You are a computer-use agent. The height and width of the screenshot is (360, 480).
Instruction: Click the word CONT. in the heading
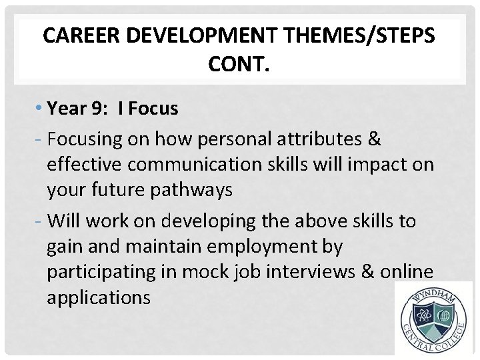point(239,65)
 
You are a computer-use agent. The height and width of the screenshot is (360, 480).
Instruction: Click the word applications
point(99,297)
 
